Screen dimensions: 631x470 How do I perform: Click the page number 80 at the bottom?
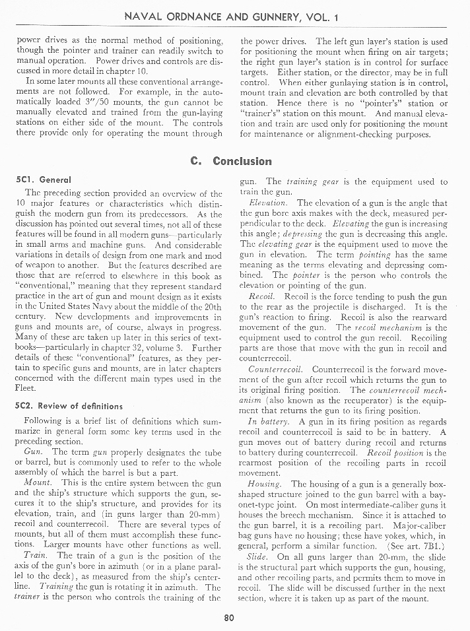229,618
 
